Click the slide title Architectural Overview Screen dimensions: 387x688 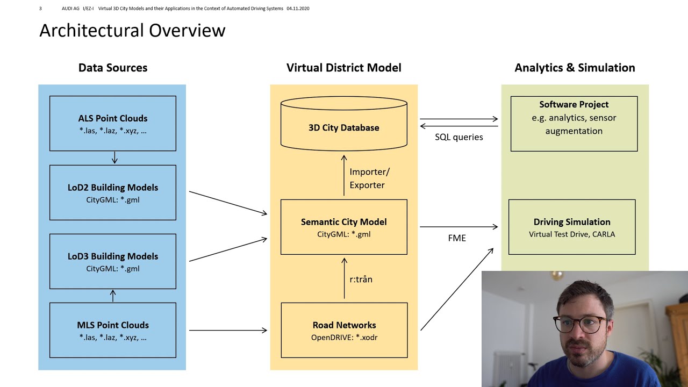132,30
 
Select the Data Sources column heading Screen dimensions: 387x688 113,68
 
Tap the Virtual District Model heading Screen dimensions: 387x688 343,68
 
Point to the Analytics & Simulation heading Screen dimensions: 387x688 575,68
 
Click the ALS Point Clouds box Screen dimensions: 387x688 113,124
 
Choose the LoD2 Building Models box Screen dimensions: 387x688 113,192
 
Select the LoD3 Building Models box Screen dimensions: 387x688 113,261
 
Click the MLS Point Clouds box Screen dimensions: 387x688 113,330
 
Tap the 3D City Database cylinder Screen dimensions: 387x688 344,127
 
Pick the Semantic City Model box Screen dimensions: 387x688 344,227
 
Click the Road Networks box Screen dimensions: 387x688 344,330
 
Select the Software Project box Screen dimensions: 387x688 574,124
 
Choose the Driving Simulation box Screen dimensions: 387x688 572,227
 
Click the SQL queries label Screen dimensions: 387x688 459,137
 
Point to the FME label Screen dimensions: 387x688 457,238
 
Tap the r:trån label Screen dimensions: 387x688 361,279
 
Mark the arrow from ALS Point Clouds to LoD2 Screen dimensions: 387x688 114,157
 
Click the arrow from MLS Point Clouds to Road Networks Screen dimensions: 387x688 228,330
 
